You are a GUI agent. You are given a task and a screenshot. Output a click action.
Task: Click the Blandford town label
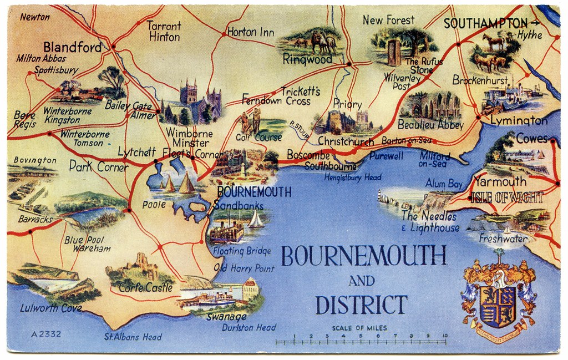point(73,47)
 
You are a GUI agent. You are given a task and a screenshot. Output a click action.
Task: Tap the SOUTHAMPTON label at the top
point(485,23)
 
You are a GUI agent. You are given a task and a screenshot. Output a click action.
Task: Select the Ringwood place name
point(307,59)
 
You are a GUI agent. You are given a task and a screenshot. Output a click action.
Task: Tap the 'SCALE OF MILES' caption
point(359,328)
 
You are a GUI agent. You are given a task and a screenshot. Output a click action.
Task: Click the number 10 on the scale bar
point(444,336)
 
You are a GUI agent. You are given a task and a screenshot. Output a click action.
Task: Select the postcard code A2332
point(46,334)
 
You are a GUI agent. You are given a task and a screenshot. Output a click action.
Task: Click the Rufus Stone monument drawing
point(394,53)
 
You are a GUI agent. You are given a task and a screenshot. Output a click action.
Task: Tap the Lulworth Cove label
point(51,308)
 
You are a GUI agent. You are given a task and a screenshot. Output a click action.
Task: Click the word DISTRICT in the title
point(361,305)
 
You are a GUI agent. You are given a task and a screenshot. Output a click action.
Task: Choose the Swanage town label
point(226,317)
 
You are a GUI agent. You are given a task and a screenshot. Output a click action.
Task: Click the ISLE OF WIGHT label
point(507,196)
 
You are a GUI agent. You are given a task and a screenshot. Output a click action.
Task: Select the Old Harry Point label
point(244,268)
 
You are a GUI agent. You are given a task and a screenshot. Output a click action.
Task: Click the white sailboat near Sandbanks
point(256,219)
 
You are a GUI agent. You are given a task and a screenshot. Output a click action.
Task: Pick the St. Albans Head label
point(133,337)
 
